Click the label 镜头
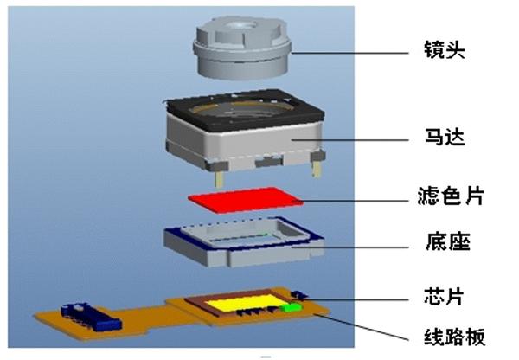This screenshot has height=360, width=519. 445,49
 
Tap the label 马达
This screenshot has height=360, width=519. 445,137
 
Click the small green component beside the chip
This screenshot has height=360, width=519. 293,305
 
